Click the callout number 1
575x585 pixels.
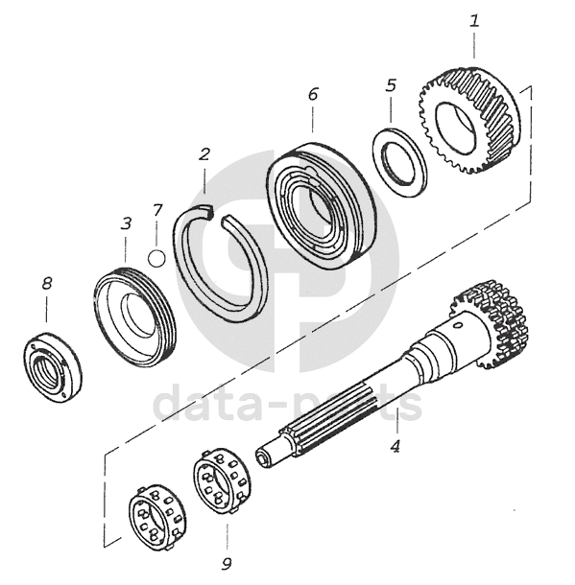point(474,21)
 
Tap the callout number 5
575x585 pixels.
point(391,85)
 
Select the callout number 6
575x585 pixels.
point(313,94)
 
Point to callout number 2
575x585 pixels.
point(204,154)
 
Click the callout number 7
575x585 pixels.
point(157,210)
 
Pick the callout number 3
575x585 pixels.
point(126,223)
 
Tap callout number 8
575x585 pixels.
point(47,284)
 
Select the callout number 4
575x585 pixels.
point(395,446)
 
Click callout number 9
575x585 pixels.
point(227,564)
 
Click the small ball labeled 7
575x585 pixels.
point(156,258)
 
